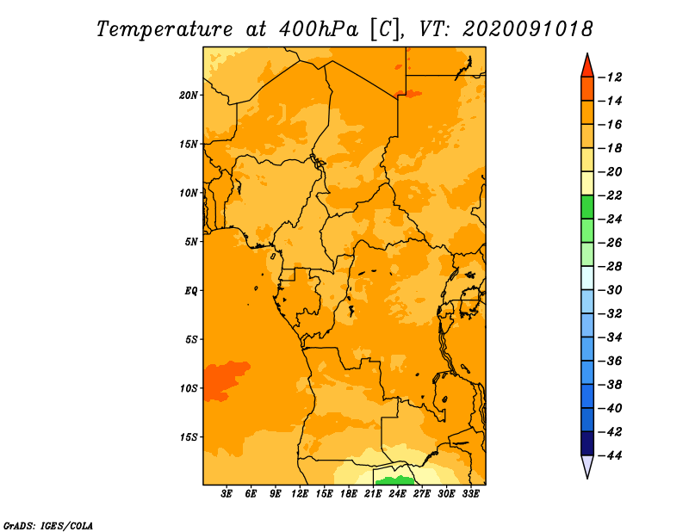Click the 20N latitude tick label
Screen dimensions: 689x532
coord(189,96)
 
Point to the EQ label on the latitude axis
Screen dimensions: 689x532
coord(190,291)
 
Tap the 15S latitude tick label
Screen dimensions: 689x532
coord(189,437)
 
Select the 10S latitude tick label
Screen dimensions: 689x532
coord(189,388)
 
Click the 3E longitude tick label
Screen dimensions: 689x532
coord(227,494)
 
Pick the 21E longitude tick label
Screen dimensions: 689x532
coord(373,494)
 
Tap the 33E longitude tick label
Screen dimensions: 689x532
coord(470,494)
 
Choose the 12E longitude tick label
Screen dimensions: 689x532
coord(300,494)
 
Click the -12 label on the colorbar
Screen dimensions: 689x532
coord(611,77)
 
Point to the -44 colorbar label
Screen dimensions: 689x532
coord(611,455)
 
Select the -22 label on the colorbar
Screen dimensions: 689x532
coord(611,195)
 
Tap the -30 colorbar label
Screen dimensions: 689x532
coord(611,290)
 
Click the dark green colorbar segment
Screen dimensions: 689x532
coord(587,207)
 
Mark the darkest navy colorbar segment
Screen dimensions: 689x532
coord(587,443)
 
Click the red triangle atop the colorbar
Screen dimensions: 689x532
coord(587,66)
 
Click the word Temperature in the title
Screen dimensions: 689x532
coord(164,30)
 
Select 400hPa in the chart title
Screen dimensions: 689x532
coord(319,29)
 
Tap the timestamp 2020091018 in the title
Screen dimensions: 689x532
coord(528,29)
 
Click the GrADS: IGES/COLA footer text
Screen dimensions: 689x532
coord(48,526)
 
